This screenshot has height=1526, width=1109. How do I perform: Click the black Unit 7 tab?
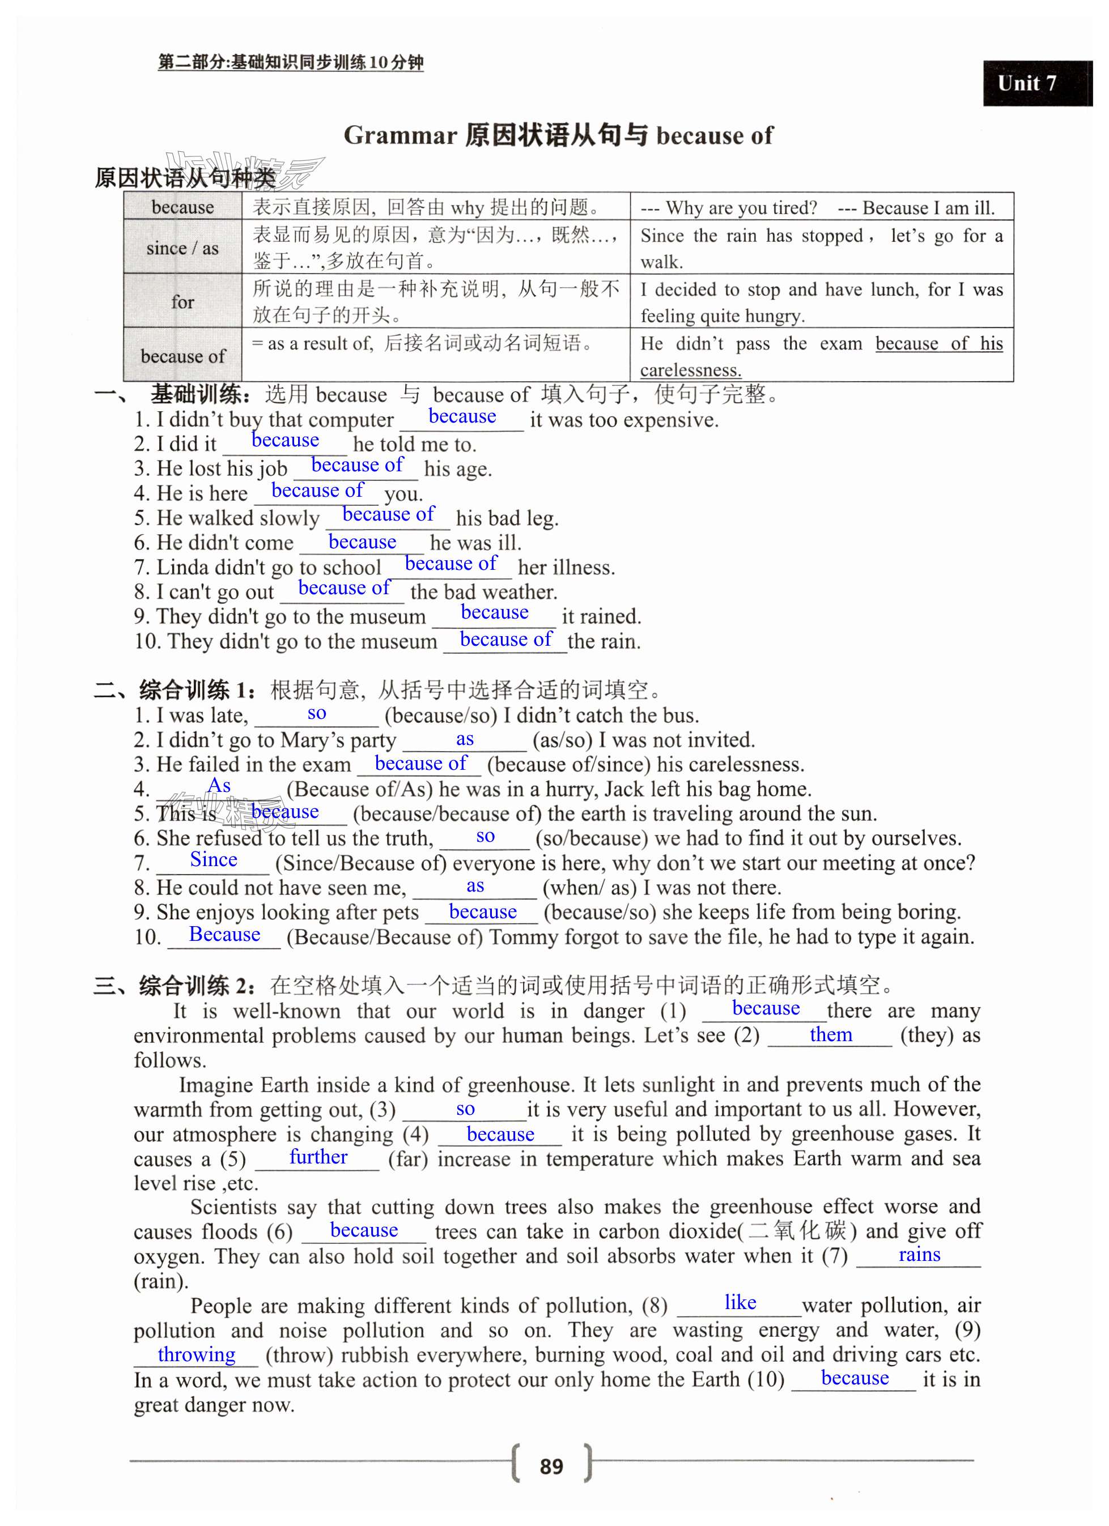click(x=1036, y=83)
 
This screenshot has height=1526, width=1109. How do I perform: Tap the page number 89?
click(x=551, y=1465)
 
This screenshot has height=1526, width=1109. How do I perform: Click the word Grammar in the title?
click(x=401, y=136)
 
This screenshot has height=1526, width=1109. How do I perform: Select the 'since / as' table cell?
click(x=182, y=248)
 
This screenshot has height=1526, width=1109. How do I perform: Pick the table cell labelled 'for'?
click(x=182, y=301)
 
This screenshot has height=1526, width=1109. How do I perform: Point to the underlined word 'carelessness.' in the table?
click(x=690, y=370)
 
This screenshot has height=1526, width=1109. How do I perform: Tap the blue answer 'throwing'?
click(x=197, y=1354)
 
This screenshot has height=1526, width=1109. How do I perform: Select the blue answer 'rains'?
click(x=919, y=1255)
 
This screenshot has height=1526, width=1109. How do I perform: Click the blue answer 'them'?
click(x=830, y=1035)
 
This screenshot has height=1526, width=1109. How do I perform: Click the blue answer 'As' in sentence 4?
click(x=219, y=786)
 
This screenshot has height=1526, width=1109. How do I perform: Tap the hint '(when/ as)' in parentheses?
click(x=589, y=888)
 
